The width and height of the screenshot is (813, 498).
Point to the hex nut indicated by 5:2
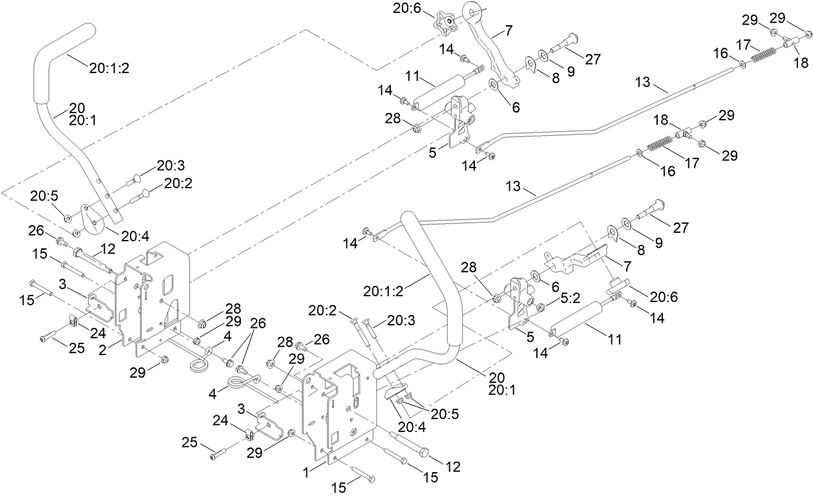pyautogui.click(x=540, y=307)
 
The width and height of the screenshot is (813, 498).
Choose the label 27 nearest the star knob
pyautogui.click(x=593, y=59)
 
